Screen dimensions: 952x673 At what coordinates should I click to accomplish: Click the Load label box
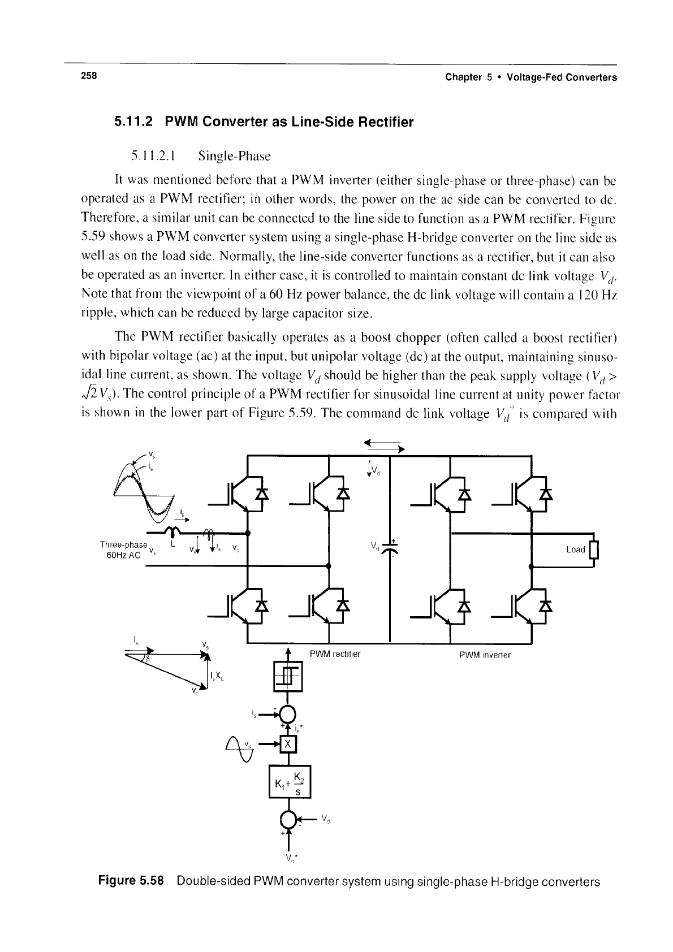pyautogui.click(x=576, y=549)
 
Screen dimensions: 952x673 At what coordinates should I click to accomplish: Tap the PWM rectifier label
pyautogui.click(x=335, y=654)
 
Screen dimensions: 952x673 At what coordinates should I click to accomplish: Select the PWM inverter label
pyautogui.click(x=485, y=655)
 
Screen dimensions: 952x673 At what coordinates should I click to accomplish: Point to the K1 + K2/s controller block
pyautogui.click(x=288, y=781)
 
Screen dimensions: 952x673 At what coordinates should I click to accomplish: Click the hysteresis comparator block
pyautogui.click(x=288, y=676)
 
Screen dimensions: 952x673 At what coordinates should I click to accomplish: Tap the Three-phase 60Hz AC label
pyautogui.click(x=123, y=549)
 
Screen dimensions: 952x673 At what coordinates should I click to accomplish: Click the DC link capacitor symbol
pyautogui.click(x=390, y=549)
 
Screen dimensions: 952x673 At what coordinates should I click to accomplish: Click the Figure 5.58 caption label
pyautogui.click(x=131, y=881)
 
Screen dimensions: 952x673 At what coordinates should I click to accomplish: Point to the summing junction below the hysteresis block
pyautogui.click(x=288, y=714)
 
